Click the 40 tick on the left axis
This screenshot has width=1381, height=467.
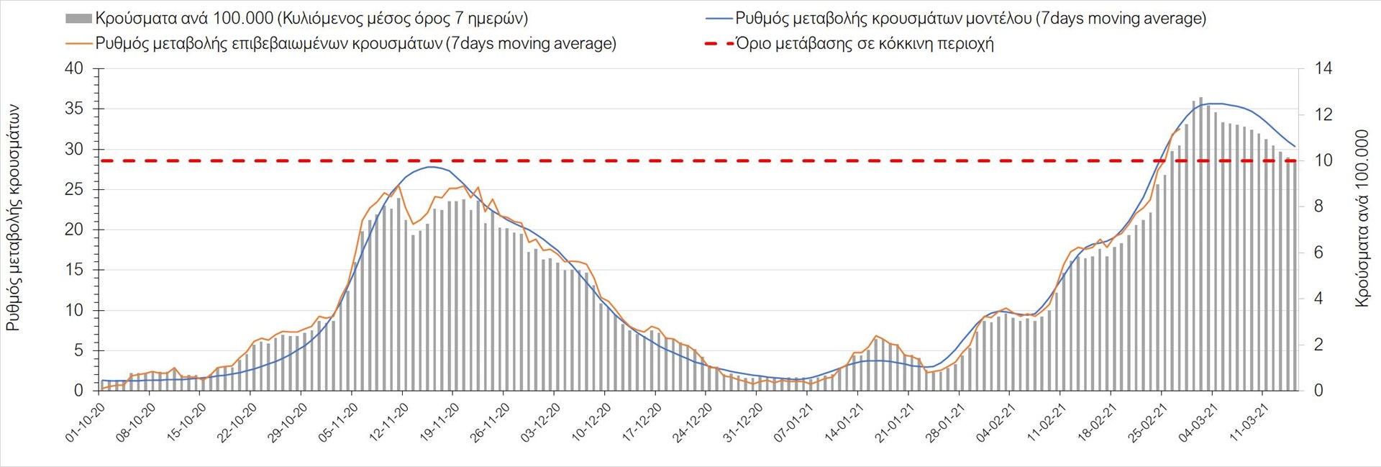coord(74,69)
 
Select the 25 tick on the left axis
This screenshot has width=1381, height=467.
coord(74,190)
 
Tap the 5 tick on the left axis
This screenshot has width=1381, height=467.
coord(79,351)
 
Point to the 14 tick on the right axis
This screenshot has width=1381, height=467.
coord(1323,69)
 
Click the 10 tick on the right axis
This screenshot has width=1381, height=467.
coord(1323,161)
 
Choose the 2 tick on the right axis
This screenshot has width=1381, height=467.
coord(1319,345)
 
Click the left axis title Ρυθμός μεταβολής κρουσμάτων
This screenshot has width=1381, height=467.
coord(13,218)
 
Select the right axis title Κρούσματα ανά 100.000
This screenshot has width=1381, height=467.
coord(1362,218)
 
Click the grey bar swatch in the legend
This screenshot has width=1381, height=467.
coord(78,19)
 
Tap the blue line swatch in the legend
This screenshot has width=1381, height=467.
coord(719,19)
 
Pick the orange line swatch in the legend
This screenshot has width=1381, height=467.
coord(78,44)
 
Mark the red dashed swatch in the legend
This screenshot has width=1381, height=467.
coord(719,44)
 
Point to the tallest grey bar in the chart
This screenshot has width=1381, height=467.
coord(1200,245)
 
